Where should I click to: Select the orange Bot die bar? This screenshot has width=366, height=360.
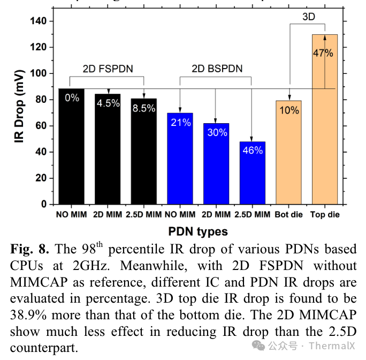tap(289, 153)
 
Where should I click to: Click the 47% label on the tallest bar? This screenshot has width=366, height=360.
tap(324, 53)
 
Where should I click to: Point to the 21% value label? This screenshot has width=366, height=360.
tap(181, 123)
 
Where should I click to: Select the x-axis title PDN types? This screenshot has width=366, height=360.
tap(199, 231)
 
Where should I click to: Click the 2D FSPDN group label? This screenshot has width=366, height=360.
tap(108, 69)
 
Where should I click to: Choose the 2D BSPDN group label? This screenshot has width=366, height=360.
tap(216, 69)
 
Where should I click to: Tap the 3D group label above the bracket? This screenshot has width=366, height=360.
tap(309, 17)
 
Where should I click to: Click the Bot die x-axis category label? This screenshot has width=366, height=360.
tap(289, 215)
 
